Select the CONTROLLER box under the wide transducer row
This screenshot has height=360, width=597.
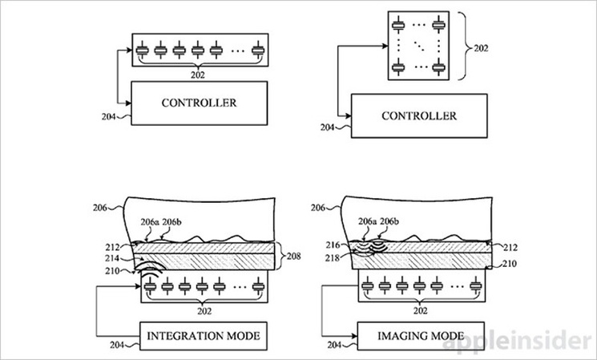tap(198, 103)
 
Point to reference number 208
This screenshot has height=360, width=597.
tap(296, 257)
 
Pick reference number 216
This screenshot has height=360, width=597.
tap(335, 244)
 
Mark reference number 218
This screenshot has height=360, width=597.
tap(335, 257)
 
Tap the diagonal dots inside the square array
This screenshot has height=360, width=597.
tap(417, 46)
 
